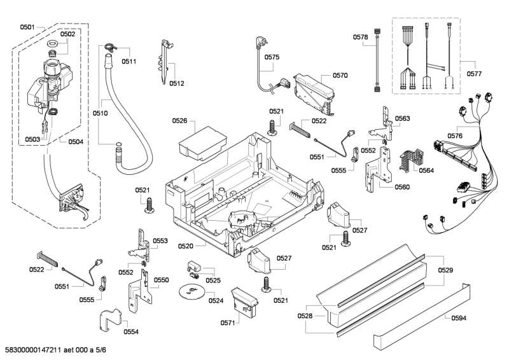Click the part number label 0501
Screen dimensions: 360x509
pos(27,27)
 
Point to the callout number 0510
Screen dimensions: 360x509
pos(100,113)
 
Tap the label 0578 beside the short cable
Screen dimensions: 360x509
pos(361,38)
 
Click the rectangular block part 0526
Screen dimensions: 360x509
pos(200,140)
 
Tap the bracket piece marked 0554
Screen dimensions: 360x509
pos(110,319)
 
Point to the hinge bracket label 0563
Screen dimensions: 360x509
pos(402,118)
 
